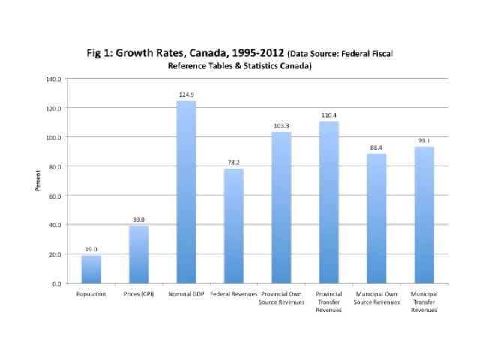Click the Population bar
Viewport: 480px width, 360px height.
pyautogui.click(x=91, y=269)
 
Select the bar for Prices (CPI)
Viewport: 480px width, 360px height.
pyautogui.click(x=139, y=255)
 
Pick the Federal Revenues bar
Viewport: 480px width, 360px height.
pyautogui.click(x=234, y=226)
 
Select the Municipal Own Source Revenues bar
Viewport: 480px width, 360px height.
pyautogui.click(x=376, y=218)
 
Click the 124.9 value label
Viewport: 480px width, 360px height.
pyautogui.click(x=186, y=94)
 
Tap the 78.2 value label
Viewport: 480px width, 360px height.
pyautogui.click(x=234, y=163)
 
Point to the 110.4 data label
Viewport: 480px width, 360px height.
pyautogui.click(x=329, y=115)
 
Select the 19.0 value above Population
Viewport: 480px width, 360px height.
pyautogui.click(x=91, y=250)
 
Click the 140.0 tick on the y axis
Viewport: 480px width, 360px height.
pyautogui.click(x=53, y=79)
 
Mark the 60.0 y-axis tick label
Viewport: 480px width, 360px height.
pyautogui.click(x=55, y=196)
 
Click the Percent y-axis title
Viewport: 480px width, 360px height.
pyautogui.click(x=37, y=181)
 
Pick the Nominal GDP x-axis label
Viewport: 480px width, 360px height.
pyautogui.click(x=186, y=293)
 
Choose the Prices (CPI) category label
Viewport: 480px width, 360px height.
pyautogui.click(x=139, y=293)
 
